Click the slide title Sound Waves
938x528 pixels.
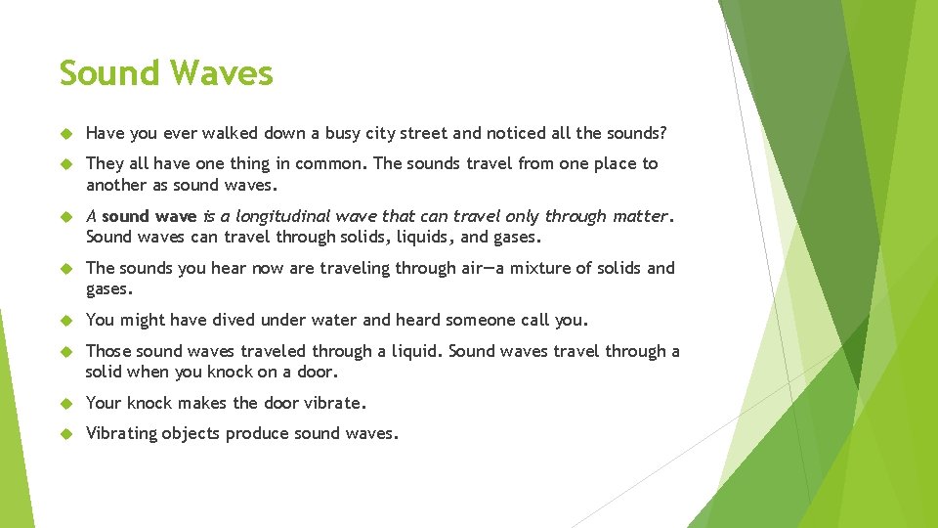click(x=166, y=73)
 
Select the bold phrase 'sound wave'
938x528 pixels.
click(x=149, y=216)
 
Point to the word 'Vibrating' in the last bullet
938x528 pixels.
click(x=121, y=433)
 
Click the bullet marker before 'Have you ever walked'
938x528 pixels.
click(x=66, y=133)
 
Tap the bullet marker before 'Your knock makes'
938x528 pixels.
click(x=66, y=403)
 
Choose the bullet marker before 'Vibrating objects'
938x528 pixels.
click(x=66, y=434)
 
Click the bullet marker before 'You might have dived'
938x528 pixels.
click(x=66, y=321)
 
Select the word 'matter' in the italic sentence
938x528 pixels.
click(x=640, y=216)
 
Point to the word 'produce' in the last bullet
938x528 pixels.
click(x=253, y=434)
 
